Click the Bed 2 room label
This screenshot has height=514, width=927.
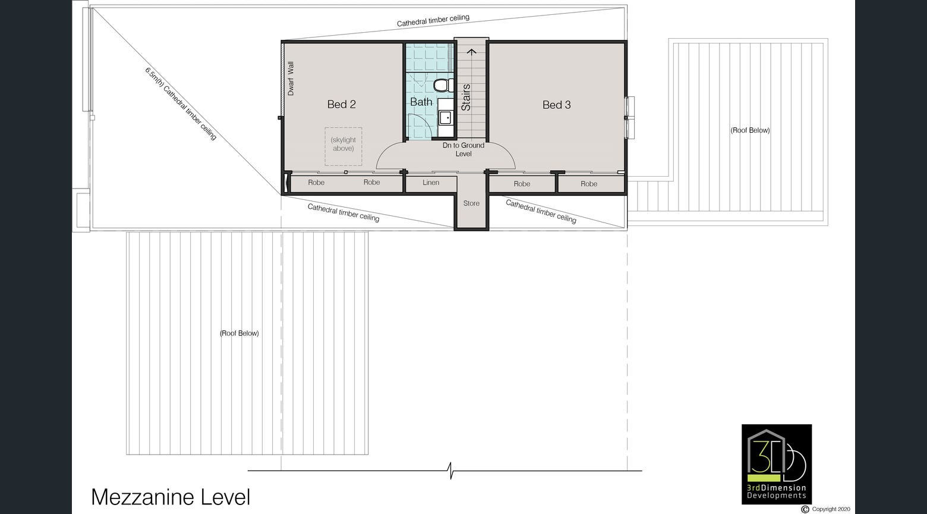pos(341,104)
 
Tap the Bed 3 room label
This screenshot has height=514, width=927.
pos(556,105)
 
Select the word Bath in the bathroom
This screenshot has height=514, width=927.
pos(421,102)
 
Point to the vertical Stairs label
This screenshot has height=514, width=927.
pos(466,97)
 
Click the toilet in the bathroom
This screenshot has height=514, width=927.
pos(442,86)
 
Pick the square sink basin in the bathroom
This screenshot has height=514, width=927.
pos(444,118)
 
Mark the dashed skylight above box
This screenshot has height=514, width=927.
pos(343,146)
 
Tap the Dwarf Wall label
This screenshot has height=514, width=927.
pos(291,79)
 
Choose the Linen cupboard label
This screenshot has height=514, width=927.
pos(431,183)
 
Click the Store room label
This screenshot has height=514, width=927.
pos(471,203)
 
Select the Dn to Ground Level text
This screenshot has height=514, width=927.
pos(463,149)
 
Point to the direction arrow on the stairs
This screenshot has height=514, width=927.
pos(472,52)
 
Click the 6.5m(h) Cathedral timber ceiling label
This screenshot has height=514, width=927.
pos(181,104)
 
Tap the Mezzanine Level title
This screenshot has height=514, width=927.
pos(171,497)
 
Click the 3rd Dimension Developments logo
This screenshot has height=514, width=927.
pos(776,463)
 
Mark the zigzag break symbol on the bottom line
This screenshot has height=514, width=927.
pos(451,471)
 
